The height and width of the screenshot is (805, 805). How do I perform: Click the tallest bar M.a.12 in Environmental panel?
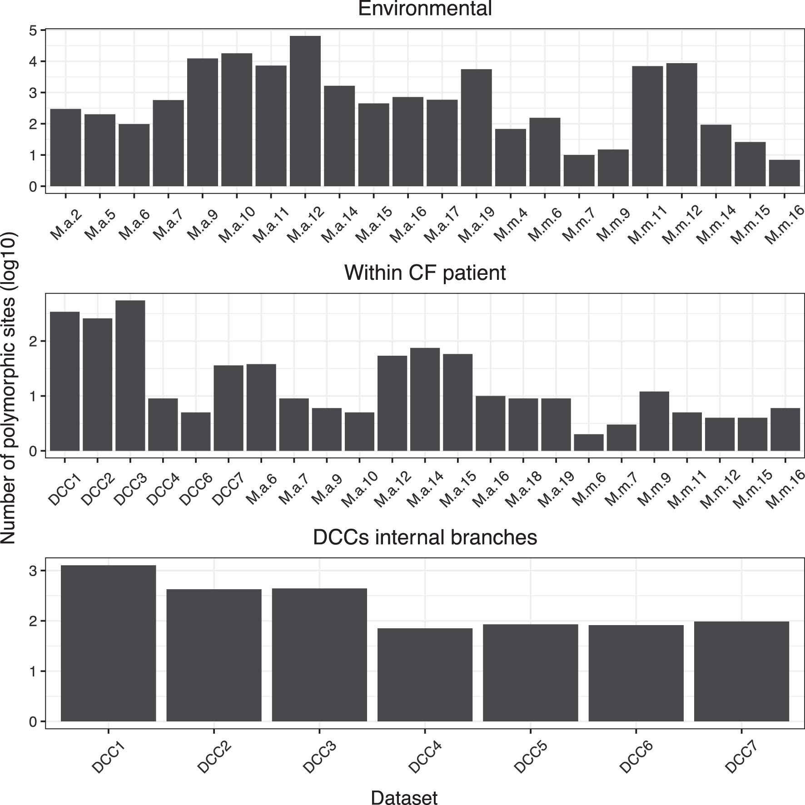pyautogui.click(x=305, y=111)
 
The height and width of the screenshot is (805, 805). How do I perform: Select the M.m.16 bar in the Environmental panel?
pyautogui.click(x=784, y=173)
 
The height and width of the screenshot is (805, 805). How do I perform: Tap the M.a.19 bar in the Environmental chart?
pyautogui.click(x=476, y=128)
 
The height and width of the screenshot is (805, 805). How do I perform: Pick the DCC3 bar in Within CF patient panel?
pyautogui.click(x=130, y=376)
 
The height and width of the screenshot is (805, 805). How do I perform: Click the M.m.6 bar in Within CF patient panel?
pyautogui.click(x=589, y=442)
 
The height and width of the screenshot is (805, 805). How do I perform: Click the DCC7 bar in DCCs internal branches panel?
pyautogui.click(x=741, y=671)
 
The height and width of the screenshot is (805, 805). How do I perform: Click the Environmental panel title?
pyautogui.click(x=425, y=9)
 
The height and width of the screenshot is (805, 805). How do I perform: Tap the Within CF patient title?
pyautogui.click(x=425, y=273)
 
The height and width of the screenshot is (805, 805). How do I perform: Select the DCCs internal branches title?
pyautogui.click(x=425, y=537)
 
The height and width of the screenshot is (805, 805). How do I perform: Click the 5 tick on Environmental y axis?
pyautogui.click(x=33, y=30)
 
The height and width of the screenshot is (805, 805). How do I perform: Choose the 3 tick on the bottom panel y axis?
pyautogui.click(x=33, y=571)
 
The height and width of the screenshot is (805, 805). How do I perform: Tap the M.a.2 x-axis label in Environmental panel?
pyautogui.click(x=66, y=224)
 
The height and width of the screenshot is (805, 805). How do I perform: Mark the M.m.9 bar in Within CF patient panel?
pyautogui.click(x=654, y=421)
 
